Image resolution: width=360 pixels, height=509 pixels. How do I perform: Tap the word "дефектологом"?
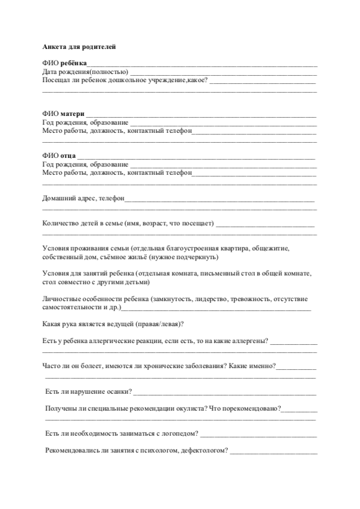point(206,450)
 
